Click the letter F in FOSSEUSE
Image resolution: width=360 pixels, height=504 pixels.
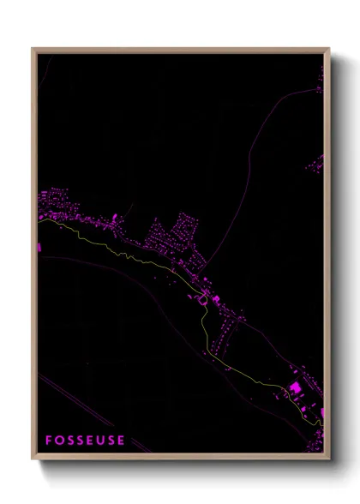(50, 441)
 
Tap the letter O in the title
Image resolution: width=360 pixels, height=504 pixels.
(60, 441)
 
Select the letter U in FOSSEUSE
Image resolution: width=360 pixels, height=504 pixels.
(102, 441)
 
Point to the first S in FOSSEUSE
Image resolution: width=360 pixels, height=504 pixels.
(71, 441)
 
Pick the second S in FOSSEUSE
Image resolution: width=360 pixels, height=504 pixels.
(81, 441)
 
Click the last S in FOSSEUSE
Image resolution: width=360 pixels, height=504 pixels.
(112, 441)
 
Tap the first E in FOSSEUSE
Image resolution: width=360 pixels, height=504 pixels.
(92, 441)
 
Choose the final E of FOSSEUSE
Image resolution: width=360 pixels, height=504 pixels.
(122, 441)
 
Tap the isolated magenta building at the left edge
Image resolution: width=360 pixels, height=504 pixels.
(39, 247)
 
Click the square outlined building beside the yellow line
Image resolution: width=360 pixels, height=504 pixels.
(203, 299)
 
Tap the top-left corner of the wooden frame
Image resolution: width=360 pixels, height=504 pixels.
(33, 49)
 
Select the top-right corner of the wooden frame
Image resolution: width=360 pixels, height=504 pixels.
(328, 49)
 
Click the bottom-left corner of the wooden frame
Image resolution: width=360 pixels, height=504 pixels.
(33, 459)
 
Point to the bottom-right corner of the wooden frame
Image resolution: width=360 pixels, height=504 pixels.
(328, 459)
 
